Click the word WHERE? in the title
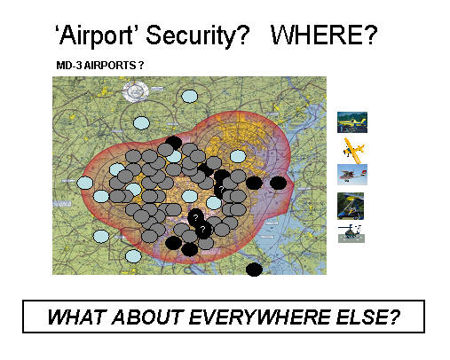324,35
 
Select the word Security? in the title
197,35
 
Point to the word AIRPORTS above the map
110,66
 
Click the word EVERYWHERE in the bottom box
260,317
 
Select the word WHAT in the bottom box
76,317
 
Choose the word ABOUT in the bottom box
147,317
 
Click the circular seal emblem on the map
136,91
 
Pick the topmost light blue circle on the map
189,96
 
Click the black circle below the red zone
254,270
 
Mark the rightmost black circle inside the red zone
278,183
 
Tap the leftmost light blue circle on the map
85,183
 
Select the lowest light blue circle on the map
133,256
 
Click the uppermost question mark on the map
221,189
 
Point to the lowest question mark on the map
202,229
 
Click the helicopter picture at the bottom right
351,234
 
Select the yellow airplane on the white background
353,150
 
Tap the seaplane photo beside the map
352,175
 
